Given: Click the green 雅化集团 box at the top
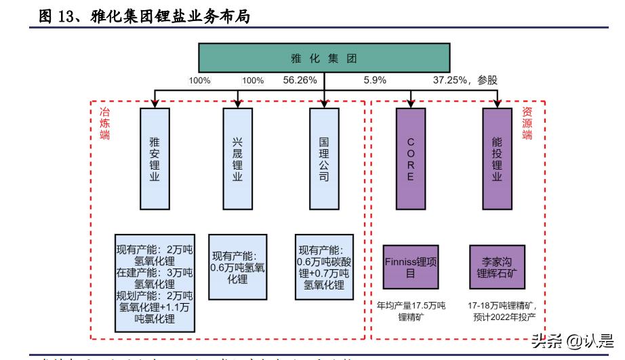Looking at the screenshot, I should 324,58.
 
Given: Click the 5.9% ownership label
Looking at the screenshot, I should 375,80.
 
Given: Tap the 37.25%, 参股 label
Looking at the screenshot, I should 465,80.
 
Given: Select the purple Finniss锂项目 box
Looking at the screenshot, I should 411,267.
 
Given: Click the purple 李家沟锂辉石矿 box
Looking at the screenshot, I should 497,267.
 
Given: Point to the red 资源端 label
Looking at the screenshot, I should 527,123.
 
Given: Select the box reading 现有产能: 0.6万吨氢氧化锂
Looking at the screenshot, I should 237,266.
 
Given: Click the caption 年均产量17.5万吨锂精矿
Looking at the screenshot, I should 411,311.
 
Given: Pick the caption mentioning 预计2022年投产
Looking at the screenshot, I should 502,311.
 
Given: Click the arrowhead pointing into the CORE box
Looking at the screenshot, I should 411,104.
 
